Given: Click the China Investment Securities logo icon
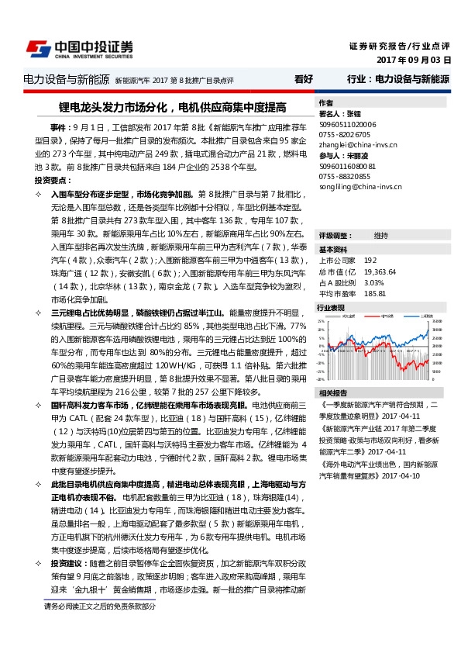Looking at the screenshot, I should [x=38, y=49].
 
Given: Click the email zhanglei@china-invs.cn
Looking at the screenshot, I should [x=358, y=144].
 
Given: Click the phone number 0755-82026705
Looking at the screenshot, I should [x=346, y=134].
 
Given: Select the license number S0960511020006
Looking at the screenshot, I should [x=347, y=124].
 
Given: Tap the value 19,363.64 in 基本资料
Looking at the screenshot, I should [x=380, y=272].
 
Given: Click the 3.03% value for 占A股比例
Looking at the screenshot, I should [x=373, y=283].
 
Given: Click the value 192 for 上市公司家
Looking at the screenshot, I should [x=370, y=261].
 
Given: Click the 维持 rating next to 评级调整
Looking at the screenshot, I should [x=381, y=235].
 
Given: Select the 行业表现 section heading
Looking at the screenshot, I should [x=333, y=308].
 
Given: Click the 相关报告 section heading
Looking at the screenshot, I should [x=333, y=392].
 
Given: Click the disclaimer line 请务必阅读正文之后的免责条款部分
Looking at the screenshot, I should [x=99, y=606].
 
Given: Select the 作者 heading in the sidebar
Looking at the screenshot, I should [x=327, y=103].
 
